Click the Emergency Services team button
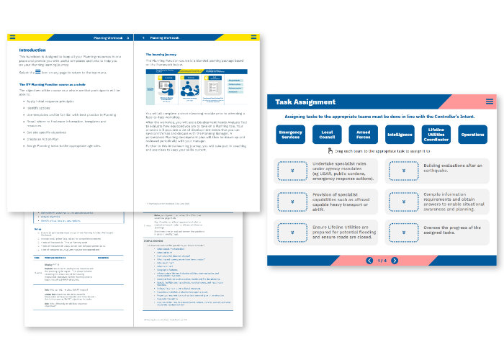point(291,135)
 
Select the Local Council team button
point(327,135)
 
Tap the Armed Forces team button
point(364,135)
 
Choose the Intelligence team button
point(400,135)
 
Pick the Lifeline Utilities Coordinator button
point(436,135)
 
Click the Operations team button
point(472,135)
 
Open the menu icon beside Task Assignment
point(489,102)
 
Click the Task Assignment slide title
point(305,102)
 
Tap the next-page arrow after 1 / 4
point(395,260)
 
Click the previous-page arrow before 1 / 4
point(369,260)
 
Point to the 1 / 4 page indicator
point(382,260)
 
